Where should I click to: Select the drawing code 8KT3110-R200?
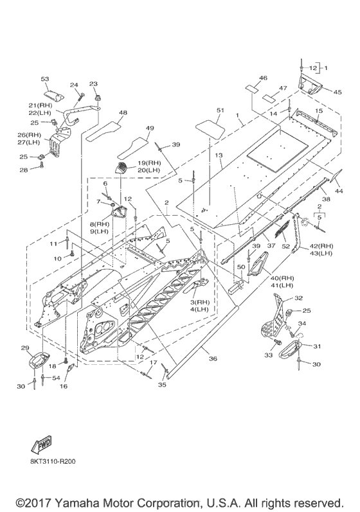tap(51, 462)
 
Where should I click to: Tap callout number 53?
tap(45, 80)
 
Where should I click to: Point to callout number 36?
tap(213, 358)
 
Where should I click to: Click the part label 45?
tap(337, 93)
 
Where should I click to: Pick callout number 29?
tap(26, 348)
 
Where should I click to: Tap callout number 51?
tap(221, 110)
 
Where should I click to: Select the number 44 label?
tap(339, 191)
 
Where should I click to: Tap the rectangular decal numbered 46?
tap(253, 89)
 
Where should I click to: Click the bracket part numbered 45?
tap(310, 84)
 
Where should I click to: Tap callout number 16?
tap(64, 386)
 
